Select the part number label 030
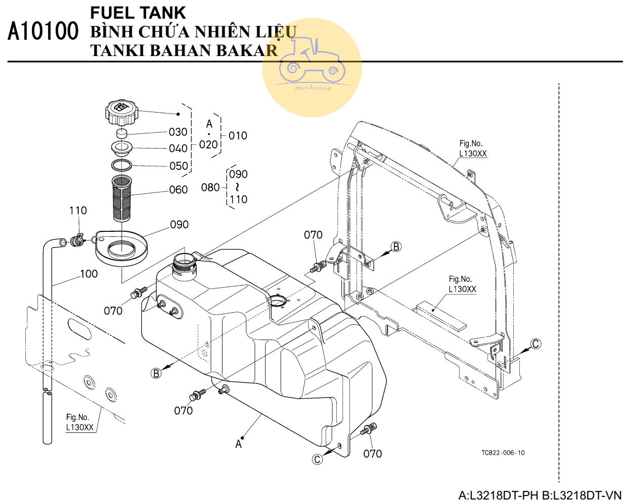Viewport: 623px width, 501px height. (178, 132)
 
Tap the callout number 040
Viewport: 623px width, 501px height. (178, 148)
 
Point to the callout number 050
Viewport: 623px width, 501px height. (178, 166)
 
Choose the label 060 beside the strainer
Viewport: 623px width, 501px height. (178, 190)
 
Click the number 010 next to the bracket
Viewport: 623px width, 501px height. (238, 135)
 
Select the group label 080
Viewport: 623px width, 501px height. (210, 188)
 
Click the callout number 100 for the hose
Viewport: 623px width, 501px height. (89, 274)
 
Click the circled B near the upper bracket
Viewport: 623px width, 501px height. (397, 246)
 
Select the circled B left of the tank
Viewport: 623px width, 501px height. (157, 373)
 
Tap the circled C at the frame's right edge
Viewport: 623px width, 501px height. (536, 344)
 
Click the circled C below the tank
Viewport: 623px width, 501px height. (317, 459)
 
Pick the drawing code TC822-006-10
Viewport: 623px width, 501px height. (503, 453)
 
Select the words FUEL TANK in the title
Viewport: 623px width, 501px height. (130, 12)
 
